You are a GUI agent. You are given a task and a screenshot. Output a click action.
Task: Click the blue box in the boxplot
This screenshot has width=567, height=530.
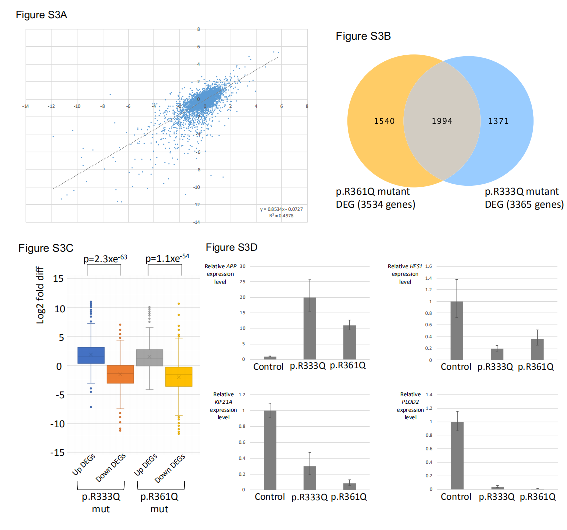[91, 355]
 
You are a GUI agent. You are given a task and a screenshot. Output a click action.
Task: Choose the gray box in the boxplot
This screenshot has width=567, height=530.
[150, 358]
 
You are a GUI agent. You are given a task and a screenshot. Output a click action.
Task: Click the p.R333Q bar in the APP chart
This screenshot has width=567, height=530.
[310, 328]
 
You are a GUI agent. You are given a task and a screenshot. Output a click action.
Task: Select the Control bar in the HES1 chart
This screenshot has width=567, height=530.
[456, 331]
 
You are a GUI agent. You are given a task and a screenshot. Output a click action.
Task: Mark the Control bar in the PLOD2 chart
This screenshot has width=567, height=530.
[457, 455]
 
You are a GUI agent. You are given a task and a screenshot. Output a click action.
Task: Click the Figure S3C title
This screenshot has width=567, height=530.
[46, 248]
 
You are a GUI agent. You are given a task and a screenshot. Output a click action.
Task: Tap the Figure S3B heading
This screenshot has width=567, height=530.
[363, 36]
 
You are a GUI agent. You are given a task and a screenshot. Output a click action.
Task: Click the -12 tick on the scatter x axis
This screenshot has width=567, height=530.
[51, 106]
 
